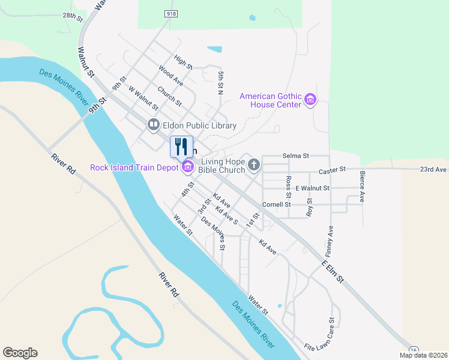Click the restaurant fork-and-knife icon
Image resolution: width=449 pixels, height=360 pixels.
tap(181, 147)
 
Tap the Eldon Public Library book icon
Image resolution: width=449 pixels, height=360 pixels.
tap(153, 125)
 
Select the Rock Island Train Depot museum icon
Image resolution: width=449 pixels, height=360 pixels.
tap(187, 167)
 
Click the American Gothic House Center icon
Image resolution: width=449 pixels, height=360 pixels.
tap(310, 100)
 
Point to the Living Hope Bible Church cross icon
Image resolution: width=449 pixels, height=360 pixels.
tap(254, 164)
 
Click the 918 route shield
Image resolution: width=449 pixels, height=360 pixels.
tap(172, 12)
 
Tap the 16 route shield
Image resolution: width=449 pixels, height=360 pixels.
tap(414, 350)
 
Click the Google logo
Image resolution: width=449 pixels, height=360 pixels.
tap(20, 353)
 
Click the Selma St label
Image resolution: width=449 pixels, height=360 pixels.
tap(296, 155)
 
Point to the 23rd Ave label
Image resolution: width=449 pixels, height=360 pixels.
tap(433, 169)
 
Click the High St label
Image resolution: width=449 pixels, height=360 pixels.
tap(182, 61)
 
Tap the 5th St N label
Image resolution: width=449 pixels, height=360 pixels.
tap(220, 83)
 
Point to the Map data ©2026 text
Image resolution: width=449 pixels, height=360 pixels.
tap(423, 355)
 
